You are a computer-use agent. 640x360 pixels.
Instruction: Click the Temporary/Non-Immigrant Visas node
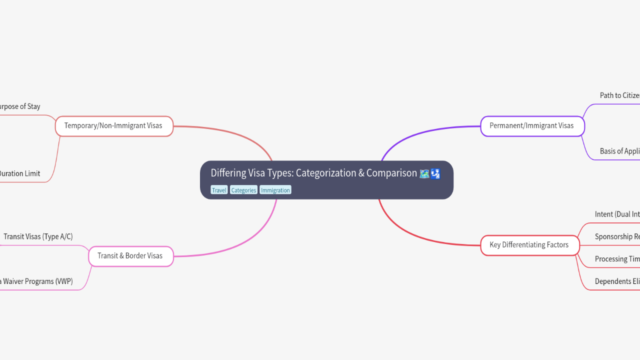click(x=113, y=125)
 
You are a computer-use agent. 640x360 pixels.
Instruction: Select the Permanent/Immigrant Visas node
click(x=531, y=125)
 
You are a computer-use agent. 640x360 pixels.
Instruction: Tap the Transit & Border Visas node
click(x=130, y=255)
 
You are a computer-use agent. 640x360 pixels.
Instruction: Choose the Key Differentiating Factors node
click(x=529, y=244)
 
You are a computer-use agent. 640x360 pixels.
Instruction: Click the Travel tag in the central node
click(x=219, y=190)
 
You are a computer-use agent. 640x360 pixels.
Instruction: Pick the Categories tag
click(x=243, y=190)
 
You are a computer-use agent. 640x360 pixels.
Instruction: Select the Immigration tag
click(x=275, y=190)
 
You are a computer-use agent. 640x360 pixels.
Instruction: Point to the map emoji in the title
click(x=424, y=173)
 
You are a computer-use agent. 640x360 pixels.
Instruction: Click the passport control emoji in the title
click(x=435, y=173)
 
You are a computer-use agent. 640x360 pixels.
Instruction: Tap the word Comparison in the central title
click(x=391, y=173)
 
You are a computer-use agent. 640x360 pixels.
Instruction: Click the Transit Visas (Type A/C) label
click(x=38, y=236)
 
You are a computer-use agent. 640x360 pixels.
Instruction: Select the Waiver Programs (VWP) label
click(x=37, y=281)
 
